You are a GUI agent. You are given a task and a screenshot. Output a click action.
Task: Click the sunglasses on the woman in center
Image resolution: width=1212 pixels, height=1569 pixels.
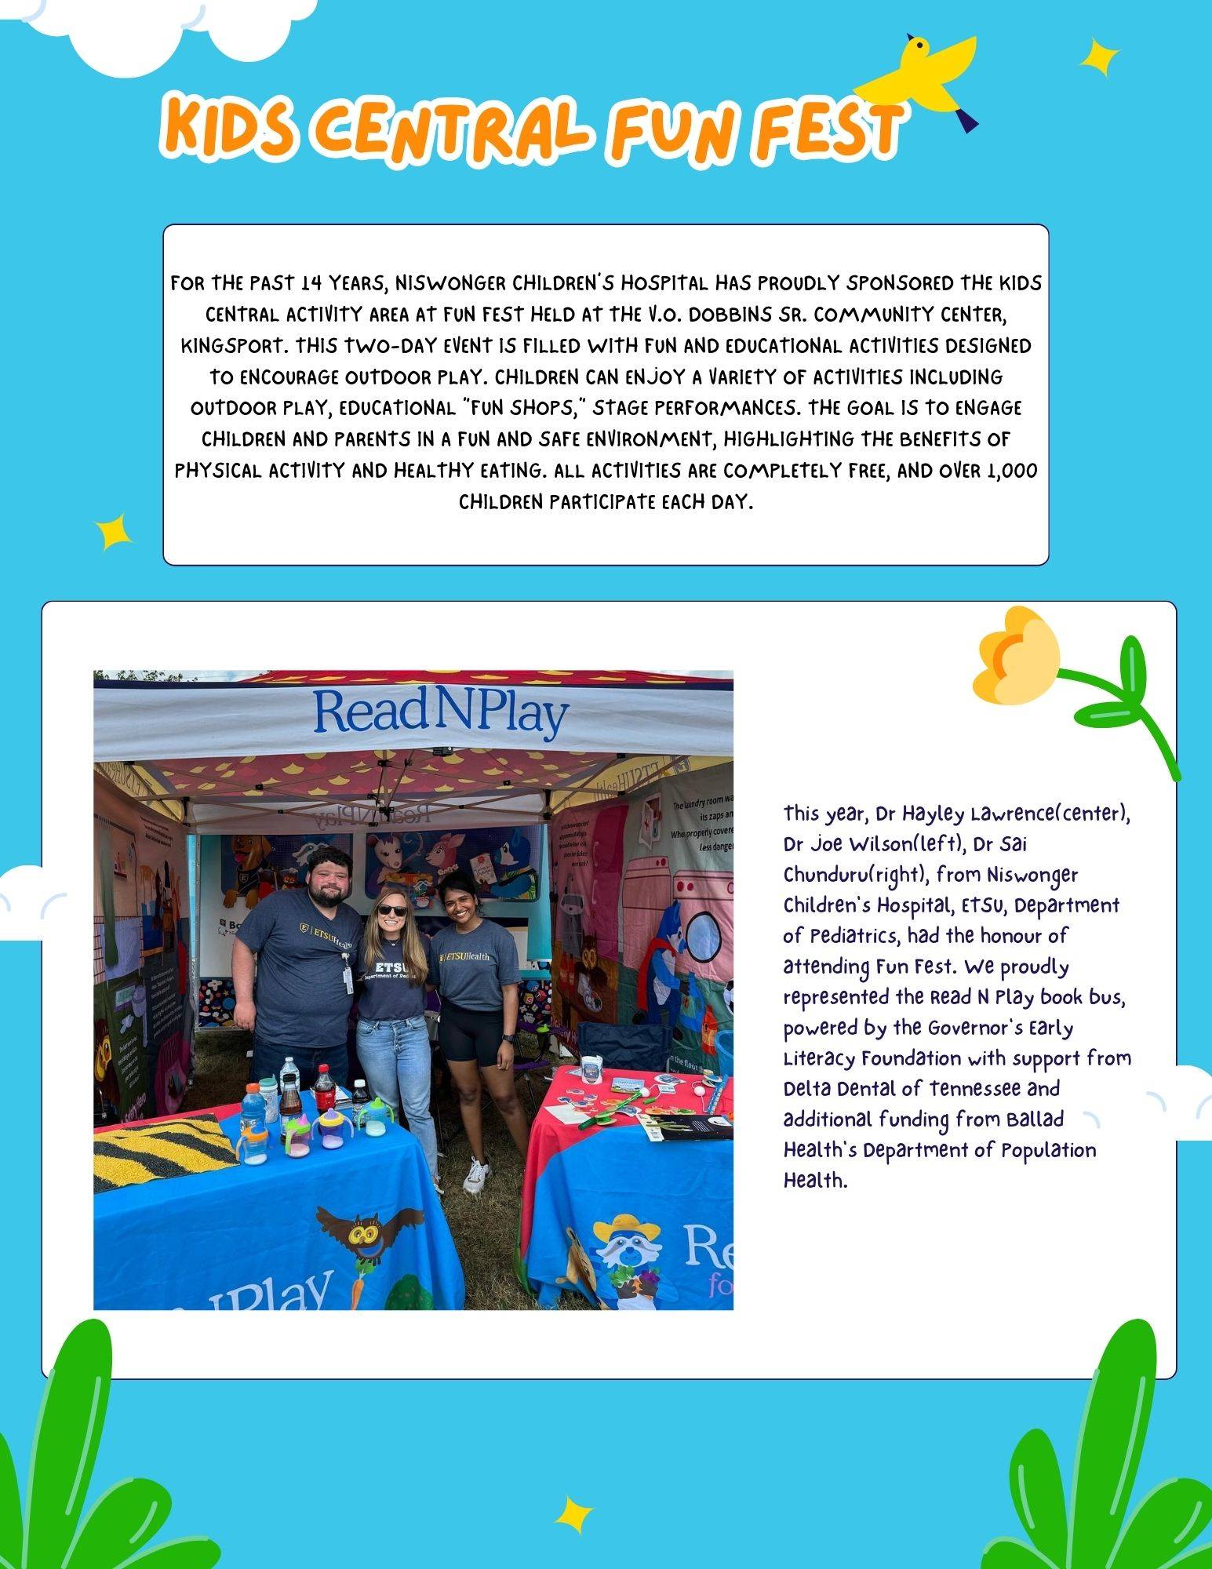pyautogui.click(x=393, y=910)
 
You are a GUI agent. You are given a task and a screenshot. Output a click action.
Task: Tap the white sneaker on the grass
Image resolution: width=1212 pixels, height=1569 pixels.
pyautogui.click(x=476, y=1174)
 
